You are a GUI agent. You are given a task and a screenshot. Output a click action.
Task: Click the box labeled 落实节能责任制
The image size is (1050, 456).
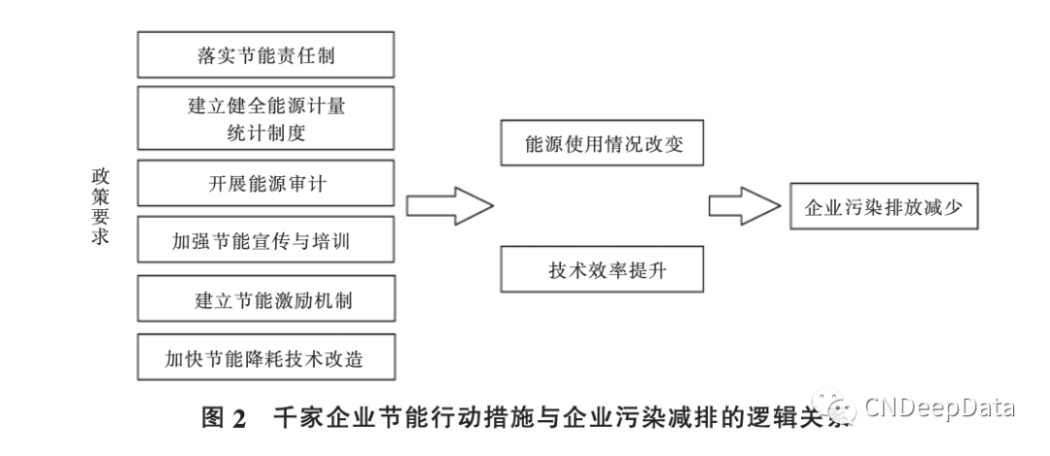(x=266, y=55)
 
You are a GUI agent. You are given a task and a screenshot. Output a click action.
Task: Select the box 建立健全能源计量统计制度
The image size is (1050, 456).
(x=266, y=119)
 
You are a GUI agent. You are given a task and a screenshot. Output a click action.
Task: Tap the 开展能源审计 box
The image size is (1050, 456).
(x=266, y=184)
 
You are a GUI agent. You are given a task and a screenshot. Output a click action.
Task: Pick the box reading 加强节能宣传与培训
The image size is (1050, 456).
(x=266, y=241)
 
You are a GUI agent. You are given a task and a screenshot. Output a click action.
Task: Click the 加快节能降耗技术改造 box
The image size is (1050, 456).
(x=266, y=358)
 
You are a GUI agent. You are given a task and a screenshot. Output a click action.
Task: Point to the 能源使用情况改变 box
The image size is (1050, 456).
(x=602, y=145)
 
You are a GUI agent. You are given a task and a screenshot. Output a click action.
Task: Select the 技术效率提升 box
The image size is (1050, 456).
(x=602, y=268)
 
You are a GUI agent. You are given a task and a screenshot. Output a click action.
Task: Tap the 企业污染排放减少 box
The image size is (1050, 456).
(x=883, y=206)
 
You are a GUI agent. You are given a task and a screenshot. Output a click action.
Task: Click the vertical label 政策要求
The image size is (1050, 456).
(x=100, y=205)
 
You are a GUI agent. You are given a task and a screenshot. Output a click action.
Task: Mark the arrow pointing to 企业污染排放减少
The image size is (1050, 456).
(x=743, y=206)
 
